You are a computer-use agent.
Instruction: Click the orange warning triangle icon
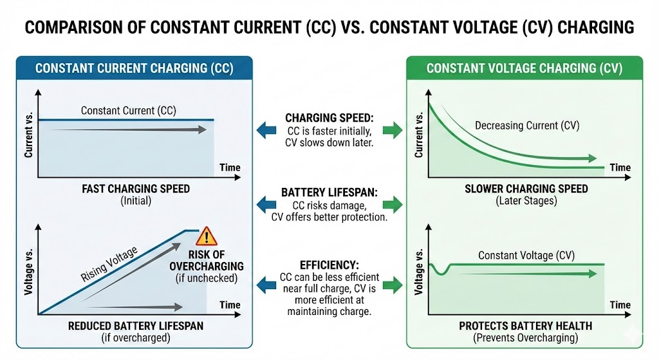pos(207,236)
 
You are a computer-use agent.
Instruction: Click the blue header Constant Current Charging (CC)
pos(134,68)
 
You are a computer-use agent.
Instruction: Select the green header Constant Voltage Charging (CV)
pos(524,68)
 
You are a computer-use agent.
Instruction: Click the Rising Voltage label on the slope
pos(109,263)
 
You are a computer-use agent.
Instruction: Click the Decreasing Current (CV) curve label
pos(526,126)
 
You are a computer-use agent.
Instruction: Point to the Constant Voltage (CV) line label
pos(526,256)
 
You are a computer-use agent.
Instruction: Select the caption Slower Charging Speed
pos(526,189)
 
